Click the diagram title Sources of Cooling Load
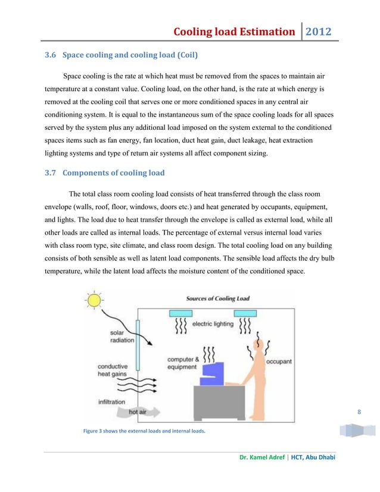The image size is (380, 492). [x=218, y=298]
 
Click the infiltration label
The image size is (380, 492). [x=111, y=401]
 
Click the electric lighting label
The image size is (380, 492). [x=213, y=324]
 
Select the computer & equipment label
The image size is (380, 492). [x=181, y=363]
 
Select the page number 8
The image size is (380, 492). [x=359, y=410]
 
